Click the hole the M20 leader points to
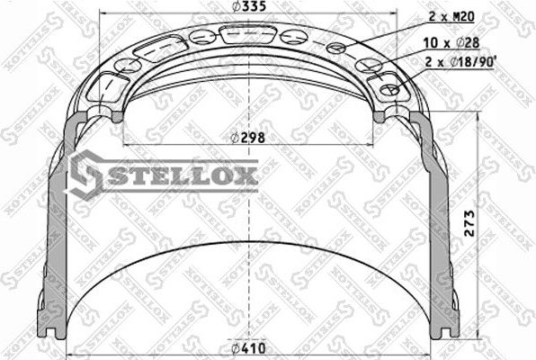coord(336,48)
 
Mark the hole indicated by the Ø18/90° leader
coord(390,90)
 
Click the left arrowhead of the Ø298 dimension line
coord(122,144)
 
